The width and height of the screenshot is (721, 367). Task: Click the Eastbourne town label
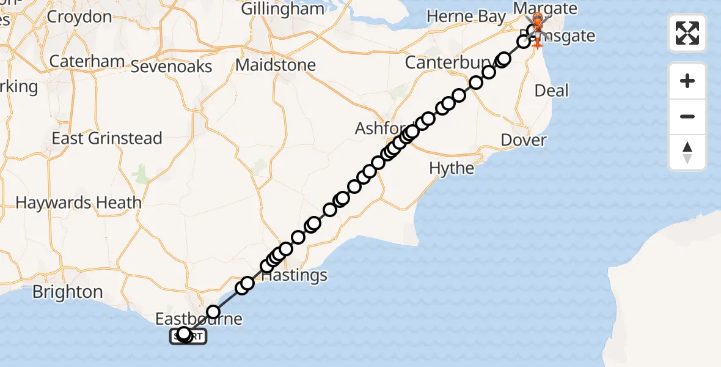198,319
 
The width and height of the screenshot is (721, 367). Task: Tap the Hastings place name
295,275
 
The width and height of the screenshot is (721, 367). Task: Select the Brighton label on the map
68,292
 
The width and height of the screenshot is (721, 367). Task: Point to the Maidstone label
276,65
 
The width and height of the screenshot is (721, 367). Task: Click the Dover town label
524,140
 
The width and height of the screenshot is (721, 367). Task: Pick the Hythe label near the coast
452,168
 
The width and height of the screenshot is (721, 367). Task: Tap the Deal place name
551,91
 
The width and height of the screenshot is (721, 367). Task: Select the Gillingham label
282,9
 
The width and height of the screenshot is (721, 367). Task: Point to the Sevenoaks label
171,67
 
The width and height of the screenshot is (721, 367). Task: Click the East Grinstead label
107,138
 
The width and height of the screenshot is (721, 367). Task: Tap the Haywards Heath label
78,202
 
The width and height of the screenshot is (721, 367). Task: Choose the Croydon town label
79,17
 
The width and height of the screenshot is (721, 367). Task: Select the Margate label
546,9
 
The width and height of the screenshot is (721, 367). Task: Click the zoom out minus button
687,117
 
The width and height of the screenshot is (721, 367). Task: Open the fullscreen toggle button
687,32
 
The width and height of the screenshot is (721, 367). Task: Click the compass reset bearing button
687,152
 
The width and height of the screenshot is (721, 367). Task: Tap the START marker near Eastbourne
188,336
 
